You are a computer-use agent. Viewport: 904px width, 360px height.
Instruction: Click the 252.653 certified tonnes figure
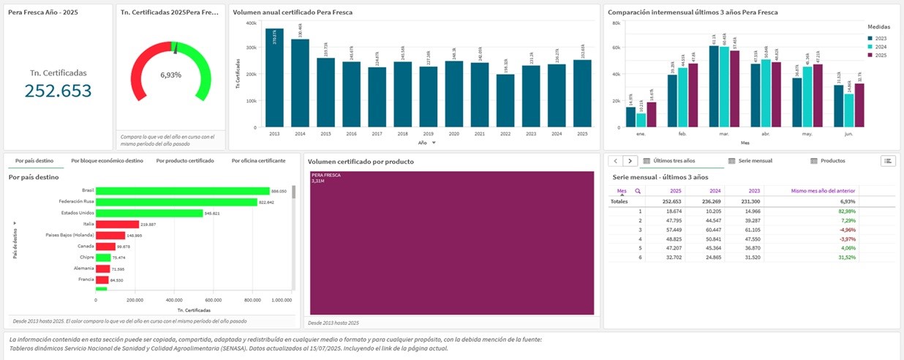tap(58, 91)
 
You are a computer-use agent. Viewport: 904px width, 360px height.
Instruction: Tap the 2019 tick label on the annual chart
tap(429, 135)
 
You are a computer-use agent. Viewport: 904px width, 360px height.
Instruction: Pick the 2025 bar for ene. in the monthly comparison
tap(652, 116)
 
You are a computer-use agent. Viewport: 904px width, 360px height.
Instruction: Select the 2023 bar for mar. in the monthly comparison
tap(714, 87)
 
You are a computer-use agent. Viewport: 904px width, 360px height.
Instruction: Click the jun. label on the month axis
tap(849, 135)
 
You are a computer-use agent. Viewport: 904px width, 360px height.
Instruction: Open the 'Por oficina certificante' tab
tap(258, 160)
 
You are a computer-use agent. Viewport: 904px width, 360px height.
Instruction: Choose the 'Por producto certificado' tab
tap(185, 160)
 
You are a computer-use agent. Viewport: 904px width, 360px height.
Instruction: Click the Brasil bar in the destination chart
tap(182, 190)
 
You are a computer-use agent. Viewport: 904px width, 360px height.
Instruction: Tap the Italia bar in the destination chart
tap(117, 224)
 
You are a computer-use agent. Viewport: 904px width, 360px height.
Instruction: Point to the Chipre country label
tap(86, 258)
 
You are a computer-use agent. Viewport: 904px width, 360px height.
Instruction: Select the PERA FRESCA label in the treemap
tap(325, 176)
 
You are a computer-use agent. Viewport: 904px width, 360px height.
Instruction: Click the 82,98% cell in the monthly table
tap(847, 211)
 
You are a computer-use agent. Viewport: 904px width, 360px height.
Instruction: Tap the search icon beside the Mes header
tap(637, 191)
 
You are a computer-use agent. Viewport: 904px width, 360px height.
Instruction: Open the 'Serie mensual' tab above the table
tap(756, 160)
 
